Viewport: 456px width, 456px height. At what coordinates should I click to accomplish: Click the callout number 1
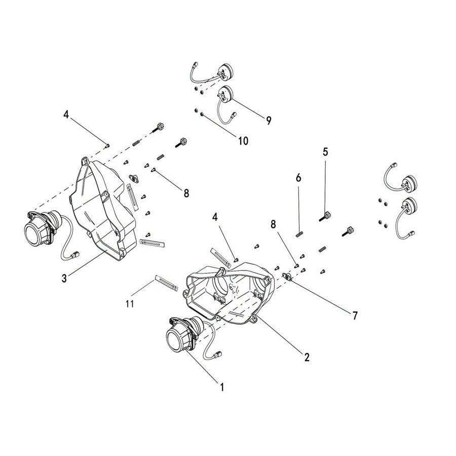(221, 387)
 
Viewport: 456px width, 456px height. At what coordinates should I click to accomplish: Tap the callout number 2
(307, 357)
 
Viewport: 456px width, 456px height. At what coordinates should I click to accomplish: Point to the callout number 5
(325, 151)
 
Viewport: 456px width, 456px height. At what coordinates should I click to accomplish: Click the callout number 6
(298, 178)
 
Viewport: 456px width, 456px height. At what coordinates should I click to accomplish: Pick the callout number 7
(355, 316)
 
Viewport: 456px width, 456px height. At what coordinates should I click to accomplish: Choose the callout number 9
(268, 120)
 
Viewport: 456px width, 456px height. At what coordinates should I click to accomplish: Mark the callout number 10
(243, 141)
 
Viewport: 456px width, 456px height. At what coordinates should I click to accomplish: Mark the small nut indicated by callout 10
(202, 115)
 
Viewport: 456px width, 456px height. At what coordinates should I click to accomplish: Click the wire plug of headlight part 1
(220, 353)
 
